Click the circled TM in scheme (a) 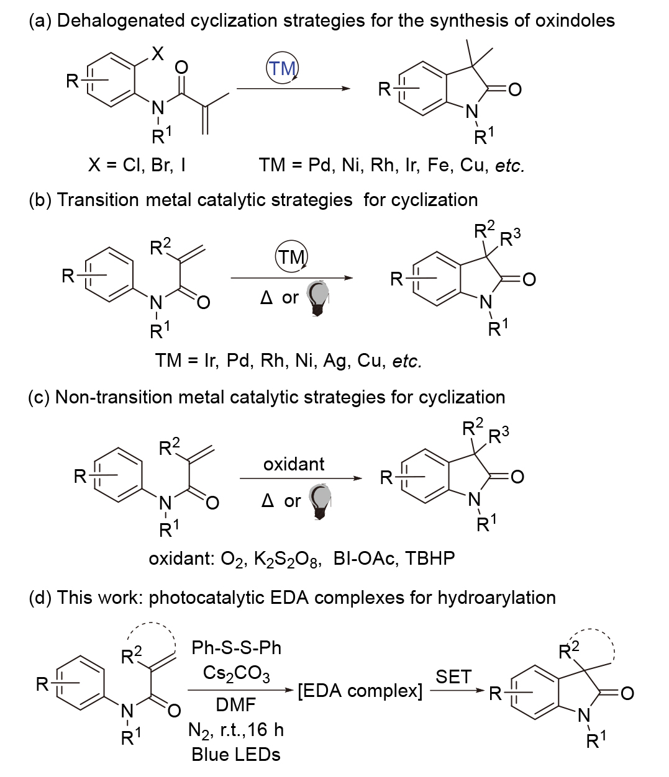tap(283, 68)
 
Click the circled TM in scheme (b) tap(291, 257)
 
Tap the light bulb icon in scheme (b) tap(318, 299)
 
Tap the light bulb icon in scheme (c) tap(321, 501)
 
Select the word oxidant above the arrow tap(294, 464)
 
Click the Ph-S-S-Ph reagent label tap(236, 648)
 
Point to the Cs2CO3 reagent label tap(236, 674)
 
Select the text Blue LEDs tap(236, 755)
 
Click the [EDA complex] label tap(360, 691)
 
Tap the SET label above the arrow tap(453, 676)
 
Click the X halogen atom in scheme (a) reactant tap(158, 54)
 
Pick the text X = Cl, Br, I tap(137, 164)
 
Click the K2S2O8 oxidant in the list tap(287, 559)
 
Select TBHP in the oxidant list tap(430, 559)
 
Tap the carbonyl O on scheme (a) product tap(515, 90)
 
